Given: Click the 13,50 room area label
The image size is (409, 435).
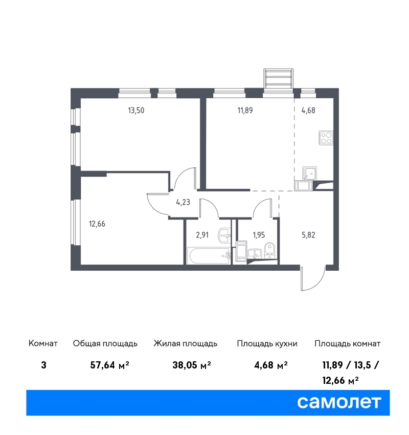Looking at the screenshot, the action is pyautogui.click(x=136, y=111).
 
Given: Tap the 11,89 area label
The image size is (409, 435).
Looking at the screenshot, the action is pyautogui.click(x=245, y=111).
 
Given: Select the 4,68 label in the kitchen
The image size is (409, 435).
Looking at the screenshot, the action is pyautogui.click(x=308, y=111).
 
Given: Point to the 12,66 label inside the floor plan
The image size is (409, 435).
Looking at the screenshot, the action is pyautogui.click(x=97, y=224).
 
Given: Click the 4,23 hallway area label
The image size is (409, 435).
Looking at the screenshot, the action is pyautogui.click(x=183, y=202).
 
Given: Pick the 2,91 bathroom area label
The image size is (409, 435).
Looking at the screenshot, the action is pyautogui.click(x=202, y=235).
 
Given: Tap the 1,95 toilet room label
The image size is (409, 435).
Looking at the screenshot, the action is pyautogui.click(x=259, y=235).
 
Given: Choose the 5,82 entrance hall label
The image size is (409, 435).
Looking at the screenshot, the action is pyautogui.click(x=308, y=235).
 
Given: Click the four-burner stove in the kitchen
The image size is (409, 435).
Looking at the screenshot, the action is pyautogui.click(x=326, y=138).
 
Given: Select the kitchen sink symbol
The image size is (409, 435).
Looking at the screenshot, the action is pyautogui.click(x=309, y=173).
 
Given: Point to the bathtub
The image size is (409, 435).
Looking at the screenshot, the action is pyautogui.click(x=209, y=256).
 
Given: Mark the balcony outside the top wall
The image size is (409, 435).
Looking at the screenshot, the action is pyautogui.click(x=278, y=78).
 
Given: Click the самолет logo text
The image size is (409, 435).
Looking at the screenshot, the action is pyautogui.click(x=339, y=402).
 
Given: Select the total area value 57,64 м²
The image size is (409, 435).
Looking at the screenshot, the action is pyautogui.click(x=110, y=365).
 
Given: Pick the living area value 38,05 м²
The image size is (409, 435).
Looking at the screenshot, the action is pyautogui.click(x=192, y=365).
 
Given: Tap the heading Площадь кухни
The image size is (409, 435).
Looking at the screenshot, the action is pyautogui.click(x=267, y=344).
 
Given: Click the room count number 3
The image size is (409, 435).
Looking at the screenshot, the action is pyautogui.click(x=43, y=365).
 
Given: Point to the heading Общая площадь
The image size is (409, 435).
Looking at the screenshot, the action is pyautogui.click(x=105, y=344).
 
